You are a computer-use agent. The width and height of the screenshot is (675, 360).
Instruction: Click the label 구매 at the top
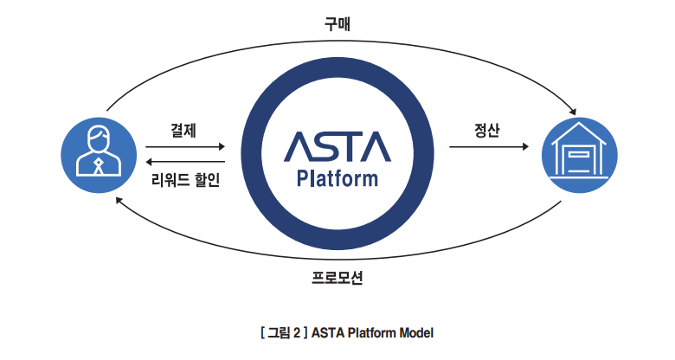click(x=337, y=23)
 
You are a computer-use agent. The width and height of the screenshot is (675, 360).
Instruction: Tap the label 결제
click(x=183, y=130)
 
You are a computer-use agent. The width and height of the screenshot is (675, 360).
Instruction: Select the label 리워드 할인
click(x=185, y=179)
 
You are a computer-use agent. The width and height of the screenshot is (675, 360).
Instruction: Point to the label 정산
click(x=487, y=130)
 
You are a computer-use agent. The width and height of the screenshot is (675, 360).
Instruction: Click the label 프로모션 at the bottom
click(x=337, y=277)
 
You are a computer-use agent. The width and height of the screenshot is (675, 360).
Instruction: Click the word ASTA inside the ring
click(x=337, y=147)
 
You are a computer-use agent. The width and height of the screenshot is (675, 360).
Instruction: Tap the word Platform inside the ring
click(x=337, y=179)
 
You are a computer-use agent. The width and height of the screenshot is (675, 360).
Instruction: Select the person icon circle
click(x=99, y=155)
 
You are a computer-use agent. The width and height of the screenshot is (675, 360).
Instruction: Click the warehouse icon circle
click(x=580, y=155)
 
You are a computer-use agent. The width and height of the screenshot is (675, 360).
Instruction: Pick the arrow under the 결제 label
click(x=185, y=147)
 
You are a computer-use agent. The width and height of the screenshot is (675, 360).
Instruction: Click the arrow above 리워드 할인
click(x=185, y=162)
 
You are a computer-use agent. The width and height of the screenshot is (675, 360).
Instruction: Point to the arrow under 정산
click(x=489, y=147)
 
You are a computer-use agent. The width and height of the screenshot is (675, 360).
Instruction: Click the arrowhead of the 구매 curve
click(x=573, y=111)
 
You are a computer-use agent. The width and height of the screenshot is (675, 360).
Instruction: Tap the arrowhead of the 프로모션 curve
click(x=119, y=200)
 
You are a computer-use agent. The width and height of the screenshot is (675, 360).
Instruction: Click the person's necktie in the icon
click(x=99, y=166)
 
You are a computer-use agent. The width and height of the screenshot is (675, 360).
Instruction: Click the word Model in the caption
click(x=416, y=333)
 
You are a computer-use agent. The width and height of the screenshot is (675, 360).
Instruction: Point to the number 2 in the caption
click(x=297, y=333)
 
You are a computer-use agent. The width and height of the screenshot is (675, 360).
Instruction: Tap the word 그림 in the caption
click(x=279, y=333)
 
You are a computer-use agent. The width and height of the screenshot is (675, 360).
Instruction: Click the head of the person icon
click(x=99, y=138)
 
